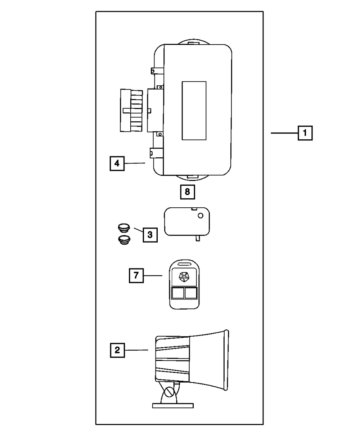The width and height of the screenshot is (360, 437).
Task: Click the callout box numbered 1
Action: pyautogui.click(x=305, y=133)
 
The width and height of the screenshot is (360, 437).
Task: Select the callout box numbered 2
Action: pyautogui.click(x=117, y=350)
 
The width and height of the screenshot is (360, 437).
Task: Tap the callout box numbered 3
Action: pyautogui.click(x=150, y=235)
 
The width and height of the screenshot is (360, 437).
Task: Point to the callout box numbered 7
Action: pyautogui.click(x=136, y=276)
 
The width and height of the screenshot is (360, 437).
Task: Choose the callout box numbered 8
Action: pyautogui.click(x=187, y=192)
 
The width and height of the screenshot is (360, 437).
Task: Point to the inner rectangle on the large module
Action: pyautogui.click(x=194, y=110)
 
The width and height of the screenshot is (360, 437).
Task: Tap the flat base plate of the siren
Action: pyautogui.click(x=173, y=405)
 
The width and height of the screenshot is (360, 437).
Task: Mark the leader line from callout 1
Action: pyautogui.click(x=284, y=133)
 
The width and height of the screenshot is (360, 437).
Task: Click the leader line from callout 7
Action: pyautogui.click(x=153, y=276)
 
